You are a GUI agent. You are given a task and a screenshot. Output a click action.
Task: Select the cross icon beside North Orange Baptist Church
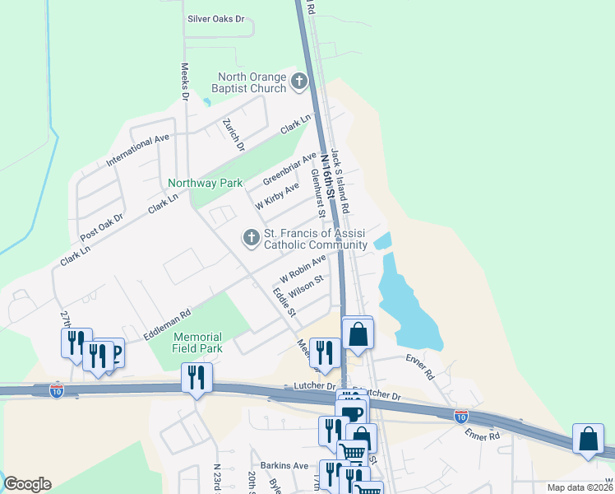(x=298, y=82)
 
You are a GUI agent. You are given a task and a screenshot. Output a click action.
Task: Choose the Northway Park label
(x=205, y=183)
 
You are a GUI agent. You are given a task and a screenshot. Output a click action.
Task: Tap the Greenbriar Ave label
(x=289, y=169)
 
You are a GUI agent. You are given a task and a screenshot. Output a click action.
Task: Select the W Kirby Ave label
(x=276, y=196)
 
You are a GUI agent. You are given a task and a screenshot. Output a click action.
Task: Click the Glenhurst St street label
(x=318, y=193)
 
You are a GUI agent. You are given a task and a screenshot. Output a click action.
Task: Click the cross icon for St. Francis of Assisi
(x=251, y=239)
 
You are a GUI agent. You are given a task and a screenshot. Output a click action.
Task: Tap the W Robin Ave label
(x=303, y=266)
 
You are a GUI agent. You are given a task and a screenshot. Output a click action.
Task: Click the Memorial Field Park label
(x=197, y=343)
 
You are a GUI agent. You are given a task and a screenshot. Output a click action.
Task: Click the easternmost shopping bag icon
(x=589, y=439)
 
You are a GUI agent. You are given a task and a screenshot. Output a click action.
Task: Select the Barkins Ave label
(x=279, y=465)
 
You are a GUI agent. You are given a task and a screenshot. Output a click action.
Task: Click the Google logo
(x=27, y=484)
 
